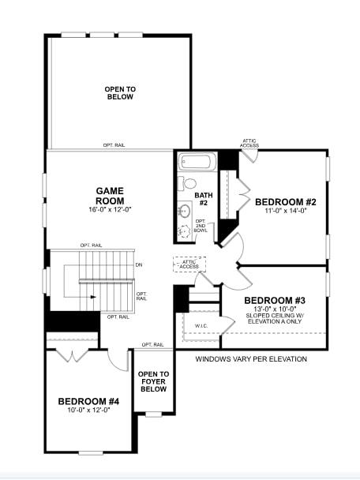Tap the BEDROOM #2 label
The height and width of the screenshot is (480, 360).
285,201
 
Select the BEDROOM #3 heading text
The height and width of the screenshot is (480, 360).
274,301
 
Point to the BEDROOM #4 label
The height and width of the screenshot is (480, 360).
88,401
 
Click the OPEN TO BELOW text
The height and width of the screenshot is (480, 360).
119,92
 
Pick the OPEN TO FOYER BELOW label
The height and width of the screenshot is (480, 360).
153,381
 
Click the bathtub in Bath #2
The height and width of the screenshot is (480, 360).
196,163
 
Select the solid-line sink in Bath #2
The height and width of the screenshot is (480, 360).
184,209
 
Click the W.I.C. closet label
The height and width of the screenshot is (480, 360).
201,325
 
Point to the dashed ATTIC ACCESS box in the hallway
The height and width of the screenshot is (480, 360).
189,264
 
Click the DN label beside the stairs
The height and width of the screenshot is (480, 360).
139,264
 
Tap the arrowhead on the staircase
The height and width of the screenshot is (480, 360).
93,297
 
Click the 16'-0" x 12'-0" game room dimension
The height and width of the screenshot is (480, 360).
111,209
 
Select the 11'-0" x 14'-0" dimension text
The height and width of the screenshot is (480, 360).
285,211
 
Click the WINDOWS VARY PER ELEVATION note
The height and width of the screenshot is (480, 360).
251,359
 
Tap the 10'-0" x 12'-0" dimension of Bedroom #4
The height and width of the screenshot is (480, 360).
88,410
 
